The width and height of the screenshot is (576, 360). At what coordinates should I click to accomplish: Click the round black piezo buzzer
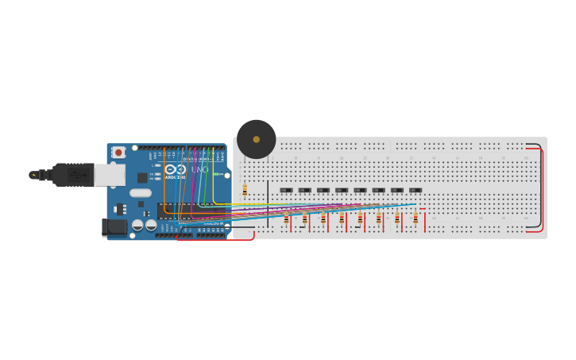coord(256,139)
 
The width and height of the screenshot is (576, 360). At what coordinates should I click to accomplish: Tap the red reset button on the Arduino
coord(118,152)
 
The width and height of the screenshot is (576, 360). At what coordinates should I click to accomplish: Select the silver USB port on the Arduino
coord(109,175)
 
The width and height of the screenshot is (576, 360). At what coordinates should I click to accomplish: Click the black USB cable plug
coord(72,174)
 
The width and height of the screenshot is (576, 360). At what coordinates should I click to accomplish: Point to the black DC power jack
coord(115,227)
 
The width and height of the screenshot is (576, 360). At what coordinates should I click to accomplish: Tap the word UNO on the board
coord(199,169)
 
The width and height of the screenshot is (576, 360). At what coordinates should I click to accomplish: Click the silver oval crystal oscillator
coord(140,193)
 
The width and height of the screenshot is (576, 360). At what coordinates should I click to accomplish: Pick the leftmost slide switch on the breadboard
coord(286,190)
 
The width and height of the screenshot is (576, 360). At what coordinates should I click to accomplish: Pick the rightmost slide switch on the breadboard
coord(415,190)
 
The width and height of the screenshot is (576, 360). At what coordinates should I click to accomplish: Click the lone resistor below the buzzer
coord(245,190)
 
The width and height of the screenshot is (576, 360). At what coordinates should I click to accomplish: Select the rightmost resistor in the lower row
coord(415,219)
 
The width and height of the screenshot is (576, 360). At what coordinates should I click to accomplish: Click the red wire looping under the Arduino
coord(215,239)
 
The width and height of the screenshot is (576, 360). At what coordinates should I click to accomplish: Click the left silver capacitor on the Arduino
coord(137,226)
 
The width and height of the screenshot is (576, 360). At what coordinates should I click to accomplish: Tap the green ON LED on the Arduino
coord(215,174)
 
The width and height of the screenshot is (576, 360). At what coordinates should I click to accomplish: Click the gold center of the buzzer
coord(256,139)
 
